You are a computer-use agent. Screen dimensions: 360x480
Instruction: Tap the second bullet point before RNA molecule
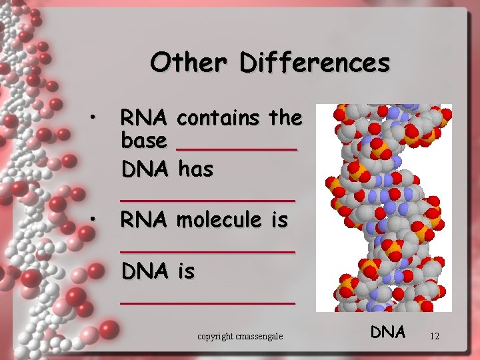click(x=95, y=219)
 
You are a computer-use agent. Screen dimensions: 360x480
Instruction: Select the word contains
click(x=220, y=118)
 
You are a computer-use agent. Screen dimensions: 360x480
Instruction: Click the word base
click(x=143, y=141)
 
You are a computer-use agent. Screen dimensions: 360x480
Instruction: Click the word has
click(x=195, y=169)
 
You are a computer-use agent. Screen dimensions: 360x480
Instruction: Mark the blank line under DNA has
click(x=207, y=199)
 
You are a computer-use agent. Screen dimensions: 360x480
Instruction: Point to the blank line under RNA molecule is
click(x=207, y=251)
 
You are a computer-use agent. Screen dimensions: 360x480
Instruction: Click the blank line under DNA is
click(x=207, y=302)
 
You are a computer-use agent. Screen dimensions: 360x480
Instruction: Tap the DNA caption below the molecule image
click(x=388, y=331)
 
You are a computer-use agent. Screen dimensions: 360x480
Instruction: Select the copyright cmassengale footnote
click(x=240, y=337)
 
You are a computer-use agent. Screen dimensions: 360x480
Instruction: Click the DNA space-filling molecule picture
click(x=383, y=207)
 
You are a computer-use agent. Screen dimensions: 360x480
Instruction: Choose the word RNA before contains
click(x=143, y=118)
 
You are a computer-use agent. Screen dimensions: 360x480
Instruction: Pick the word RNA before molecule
click(x=143, y=219)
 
